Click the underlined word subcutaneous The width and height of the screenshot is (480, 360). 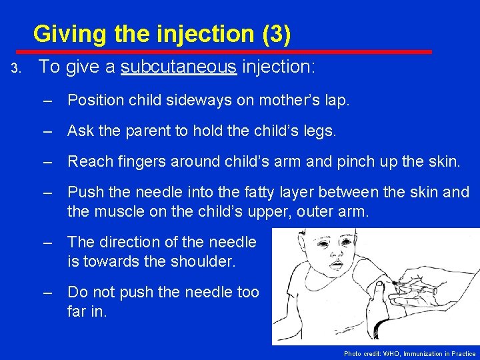[x=180, y=67]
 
